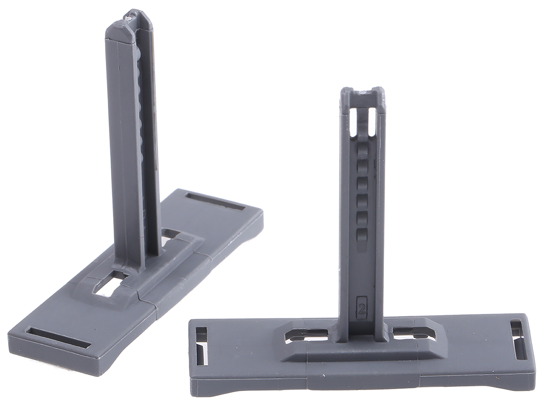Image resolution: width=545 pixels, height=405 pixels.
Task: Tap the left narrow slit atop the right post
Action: pyautogui.click(x=353, y=121)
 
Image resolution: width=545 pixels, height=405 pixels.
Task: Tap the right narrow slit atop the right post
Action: pyautogui.click(x=372, y=121)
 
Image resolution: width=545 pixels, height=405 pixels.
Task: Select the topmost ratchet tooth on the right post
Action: pyautogui.click(x=362, y=152)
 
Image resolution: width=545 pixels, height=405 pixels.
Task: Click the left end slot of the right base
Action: pyautogui.click(x=201, y=346)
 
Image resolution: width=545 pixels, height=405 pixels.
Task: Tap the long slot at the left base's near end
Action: pyautogui.click(x=58, y=337)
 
